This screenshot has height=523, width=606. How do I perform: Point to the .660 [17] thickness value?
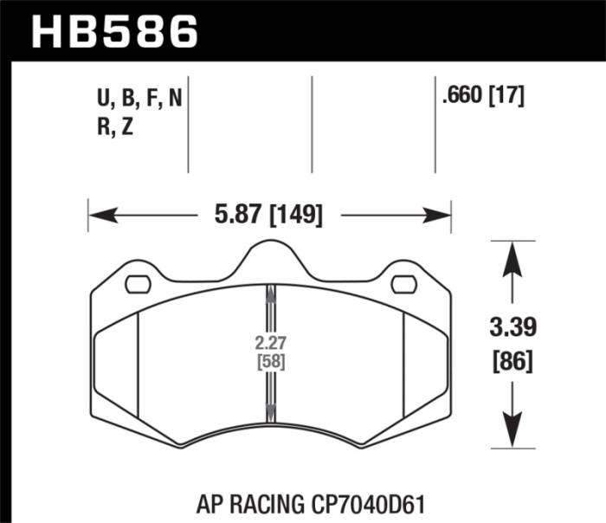(x=483, y=99)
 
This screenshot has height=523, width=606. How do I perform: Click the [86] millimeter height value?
(x=512, y=358)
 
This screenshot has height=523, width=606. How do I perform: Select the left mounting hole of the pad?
(x=138, y=283)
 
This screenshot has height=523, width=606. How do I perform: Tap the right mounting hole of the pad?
(x=403, y=283)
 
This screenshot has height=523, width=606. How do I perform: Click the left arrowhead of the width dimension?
(x=97, y=214)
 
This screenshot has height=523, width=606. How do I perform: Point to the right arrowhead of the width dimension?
(x=442, y=214)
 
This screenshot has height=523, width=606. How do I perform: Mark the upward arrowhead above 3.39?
(x=512, y=253)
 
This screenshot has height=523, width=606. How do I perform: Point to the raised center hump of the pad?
(x=270, y=253)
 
